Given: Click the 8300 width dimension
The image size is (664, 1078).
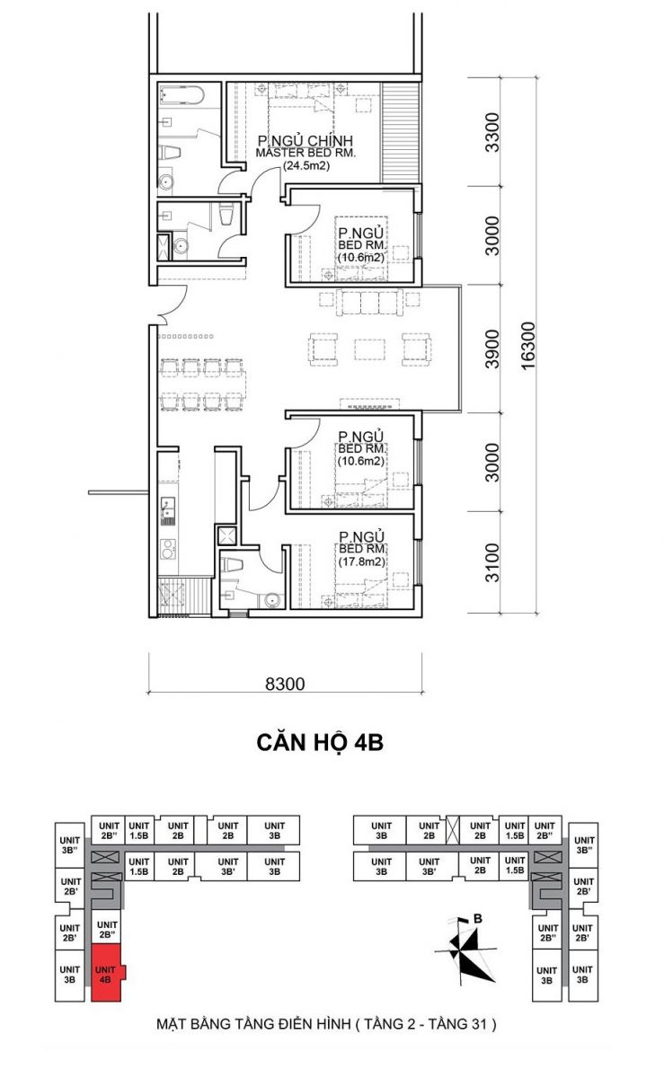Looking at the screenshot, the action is coord(285,684).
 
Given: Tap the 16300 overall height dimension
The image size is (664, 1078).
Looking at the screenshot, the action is coord(528,346).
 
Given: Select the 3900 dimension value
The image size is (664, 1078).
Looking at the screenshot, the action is coord(492,349).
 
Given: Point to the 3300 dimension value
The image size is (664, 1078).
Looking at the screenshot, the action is coord(492,132).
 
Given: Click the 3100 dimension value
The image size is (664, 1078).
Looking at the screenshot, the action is coord(492,562).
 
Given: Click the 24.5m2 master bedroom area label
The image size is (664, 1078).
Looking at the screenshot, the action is coord(306,166).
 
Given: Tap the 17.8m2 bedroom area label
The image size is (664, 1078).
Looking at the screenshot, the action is coord(361,561).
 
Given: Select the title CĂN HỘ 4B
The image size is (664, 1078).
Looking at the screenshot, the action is coord(320,743).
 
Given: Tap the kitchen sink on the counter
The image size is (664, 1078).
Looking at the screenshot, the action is coord(168,511).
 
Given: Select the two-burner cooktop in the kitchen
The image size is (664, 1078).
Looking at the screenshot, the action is coord(168,549).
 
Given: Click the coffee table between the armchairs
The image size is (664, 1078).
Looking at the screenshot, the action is coord(369,349).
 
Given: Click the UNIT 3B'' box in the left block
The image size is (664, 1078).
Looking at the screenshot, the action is coord(70,844).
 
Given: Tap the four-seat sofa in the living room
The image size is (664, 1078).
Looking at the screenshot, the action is coord(369,302).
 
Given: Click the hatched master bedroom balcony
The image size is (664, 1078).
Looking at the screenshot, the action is coord(400,133).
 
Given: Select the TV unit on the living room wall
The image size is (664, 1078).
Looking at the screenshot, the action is coord(370,403).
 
